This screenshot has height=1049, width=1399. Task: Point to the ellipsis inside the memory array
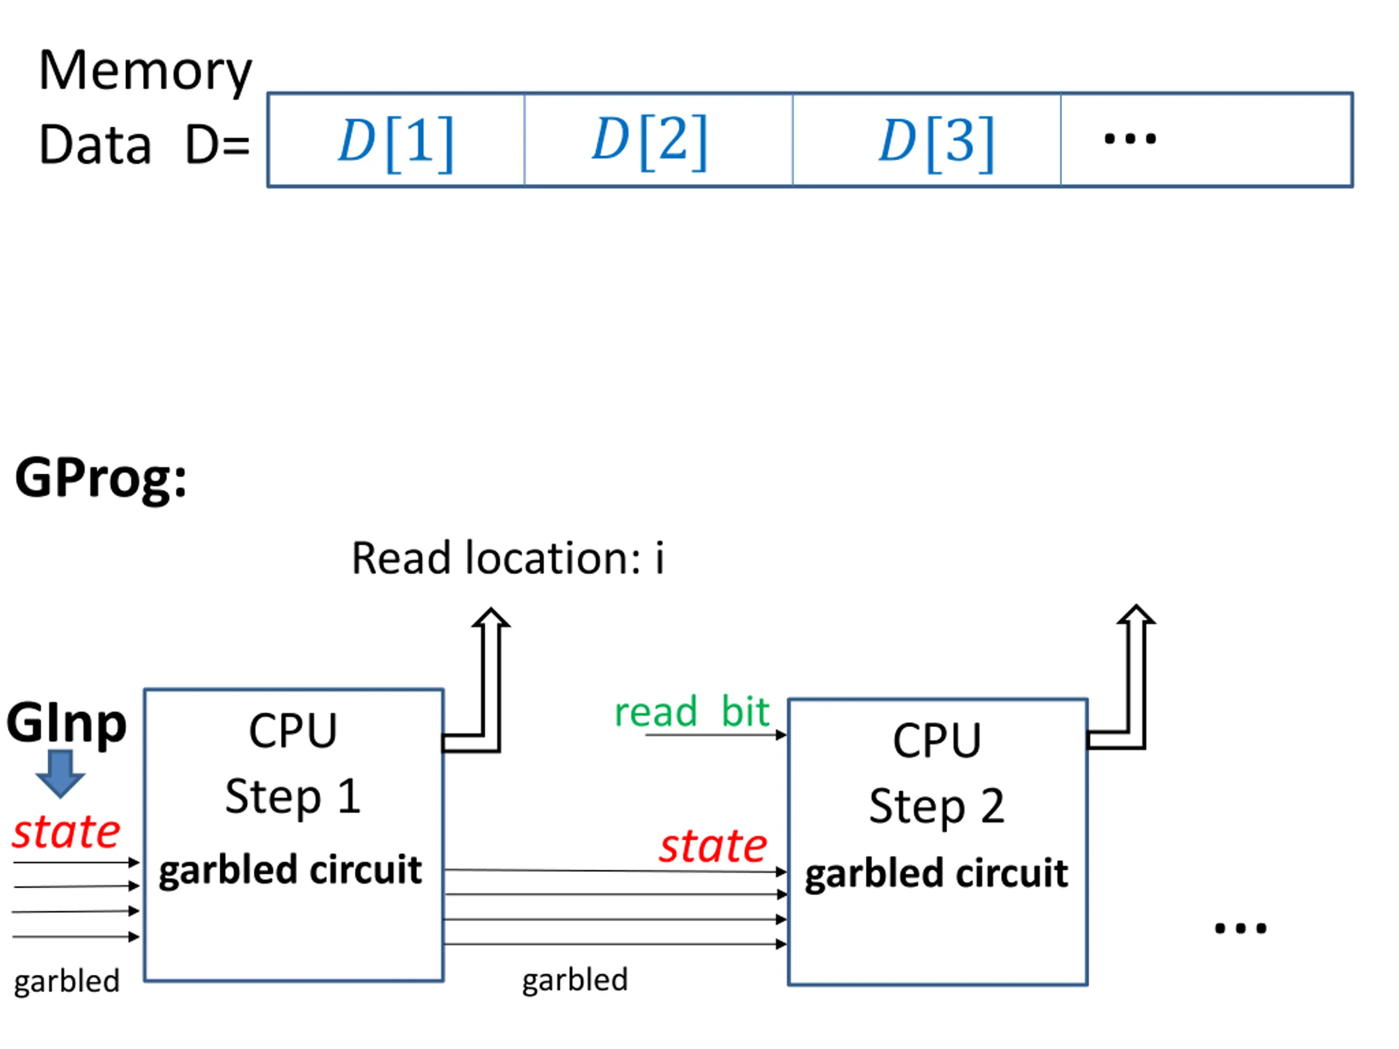pos(1130,139)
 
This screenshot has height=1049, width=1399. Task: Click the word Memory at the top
pos(145,72)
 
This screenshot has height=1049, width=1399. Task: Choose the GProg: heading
pos(101,479)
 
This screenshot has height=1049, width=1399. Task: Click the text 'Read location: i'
pos(508,559)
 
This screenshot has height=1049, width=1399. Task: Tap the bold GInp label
pos(67,723)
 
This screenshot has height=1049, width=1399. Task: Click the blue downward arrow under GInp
pos(60,773)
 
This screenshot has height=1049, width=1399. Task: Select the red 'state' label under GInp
pos(67,832)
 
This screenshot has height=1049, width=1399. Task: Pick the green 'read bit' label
pos(691,712)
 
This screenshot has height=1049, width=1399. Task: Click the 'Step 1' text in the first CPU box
pos(293,797)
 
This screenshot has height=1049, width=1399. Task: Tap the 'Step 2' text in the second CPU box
pos(937,806)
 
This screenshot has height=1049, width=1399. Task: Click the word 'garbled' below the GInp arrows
pos(67,981)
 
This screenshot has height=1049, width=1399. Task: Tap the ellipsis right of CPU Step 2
pos(1241,929)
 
